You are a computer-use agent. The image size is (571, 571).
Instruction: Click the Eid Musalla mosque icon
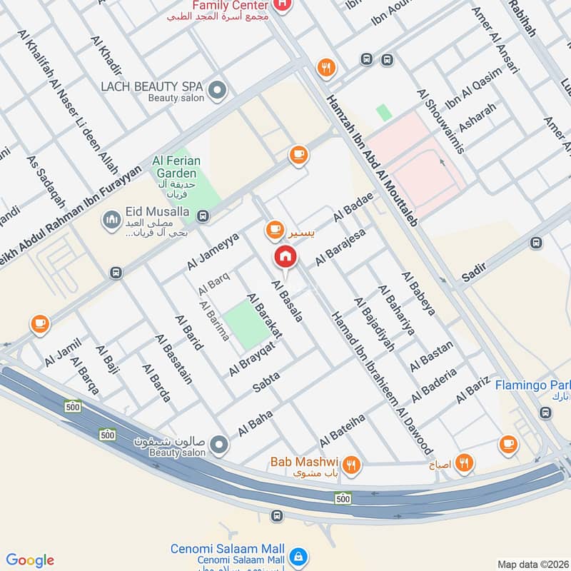[111, 220]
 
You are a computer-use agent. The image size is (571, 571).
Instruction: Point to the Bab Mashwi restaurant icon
[351, 465]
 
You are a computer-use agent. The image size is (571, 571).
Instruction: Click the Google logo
[29, 560]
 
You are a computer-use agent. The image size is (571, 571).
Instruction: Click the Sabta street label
[267, 382]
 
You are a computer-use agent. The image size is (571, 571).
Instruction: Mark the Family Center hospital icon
[283, 6]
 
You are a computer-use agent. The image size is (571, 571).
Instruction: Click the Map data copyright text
[532, 564]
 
